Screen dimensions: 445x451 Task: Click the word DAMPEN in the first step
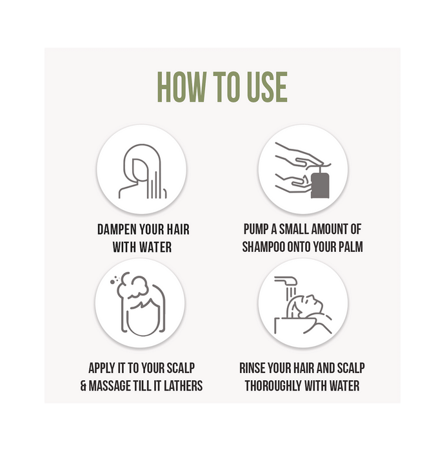coord(117,229)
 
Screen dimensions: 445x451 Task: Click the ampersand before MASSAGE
coord(83,386)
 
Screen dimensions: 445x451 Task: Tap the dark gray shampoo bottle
coord(320,184)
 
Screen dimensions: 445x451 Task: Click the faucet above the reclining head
coord(285,280)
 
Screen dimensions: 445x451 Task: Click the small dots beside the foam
coord(115,280)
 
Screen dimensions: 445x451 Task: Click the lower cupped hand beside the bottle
coord(292,183)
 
